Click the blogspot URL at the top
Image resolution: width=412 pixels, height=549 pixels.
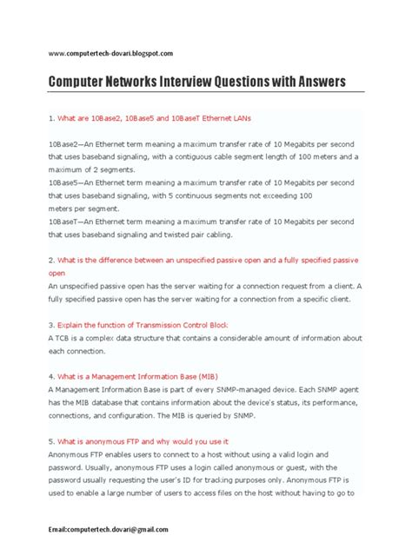coord(116,54)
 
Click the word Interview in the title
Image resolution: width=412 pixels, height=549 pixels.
coord(189,83)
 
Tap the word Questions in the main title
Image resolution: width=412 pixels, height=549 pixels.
coord(252,83)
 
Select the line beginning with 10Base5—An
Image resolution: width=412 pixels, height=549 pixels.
coord(200,183)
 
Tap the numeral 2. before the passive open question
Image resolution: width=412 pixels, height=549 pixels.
coord(51,260)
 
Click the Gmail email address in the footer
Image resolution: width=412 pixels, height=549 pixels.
coord(108,529)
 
